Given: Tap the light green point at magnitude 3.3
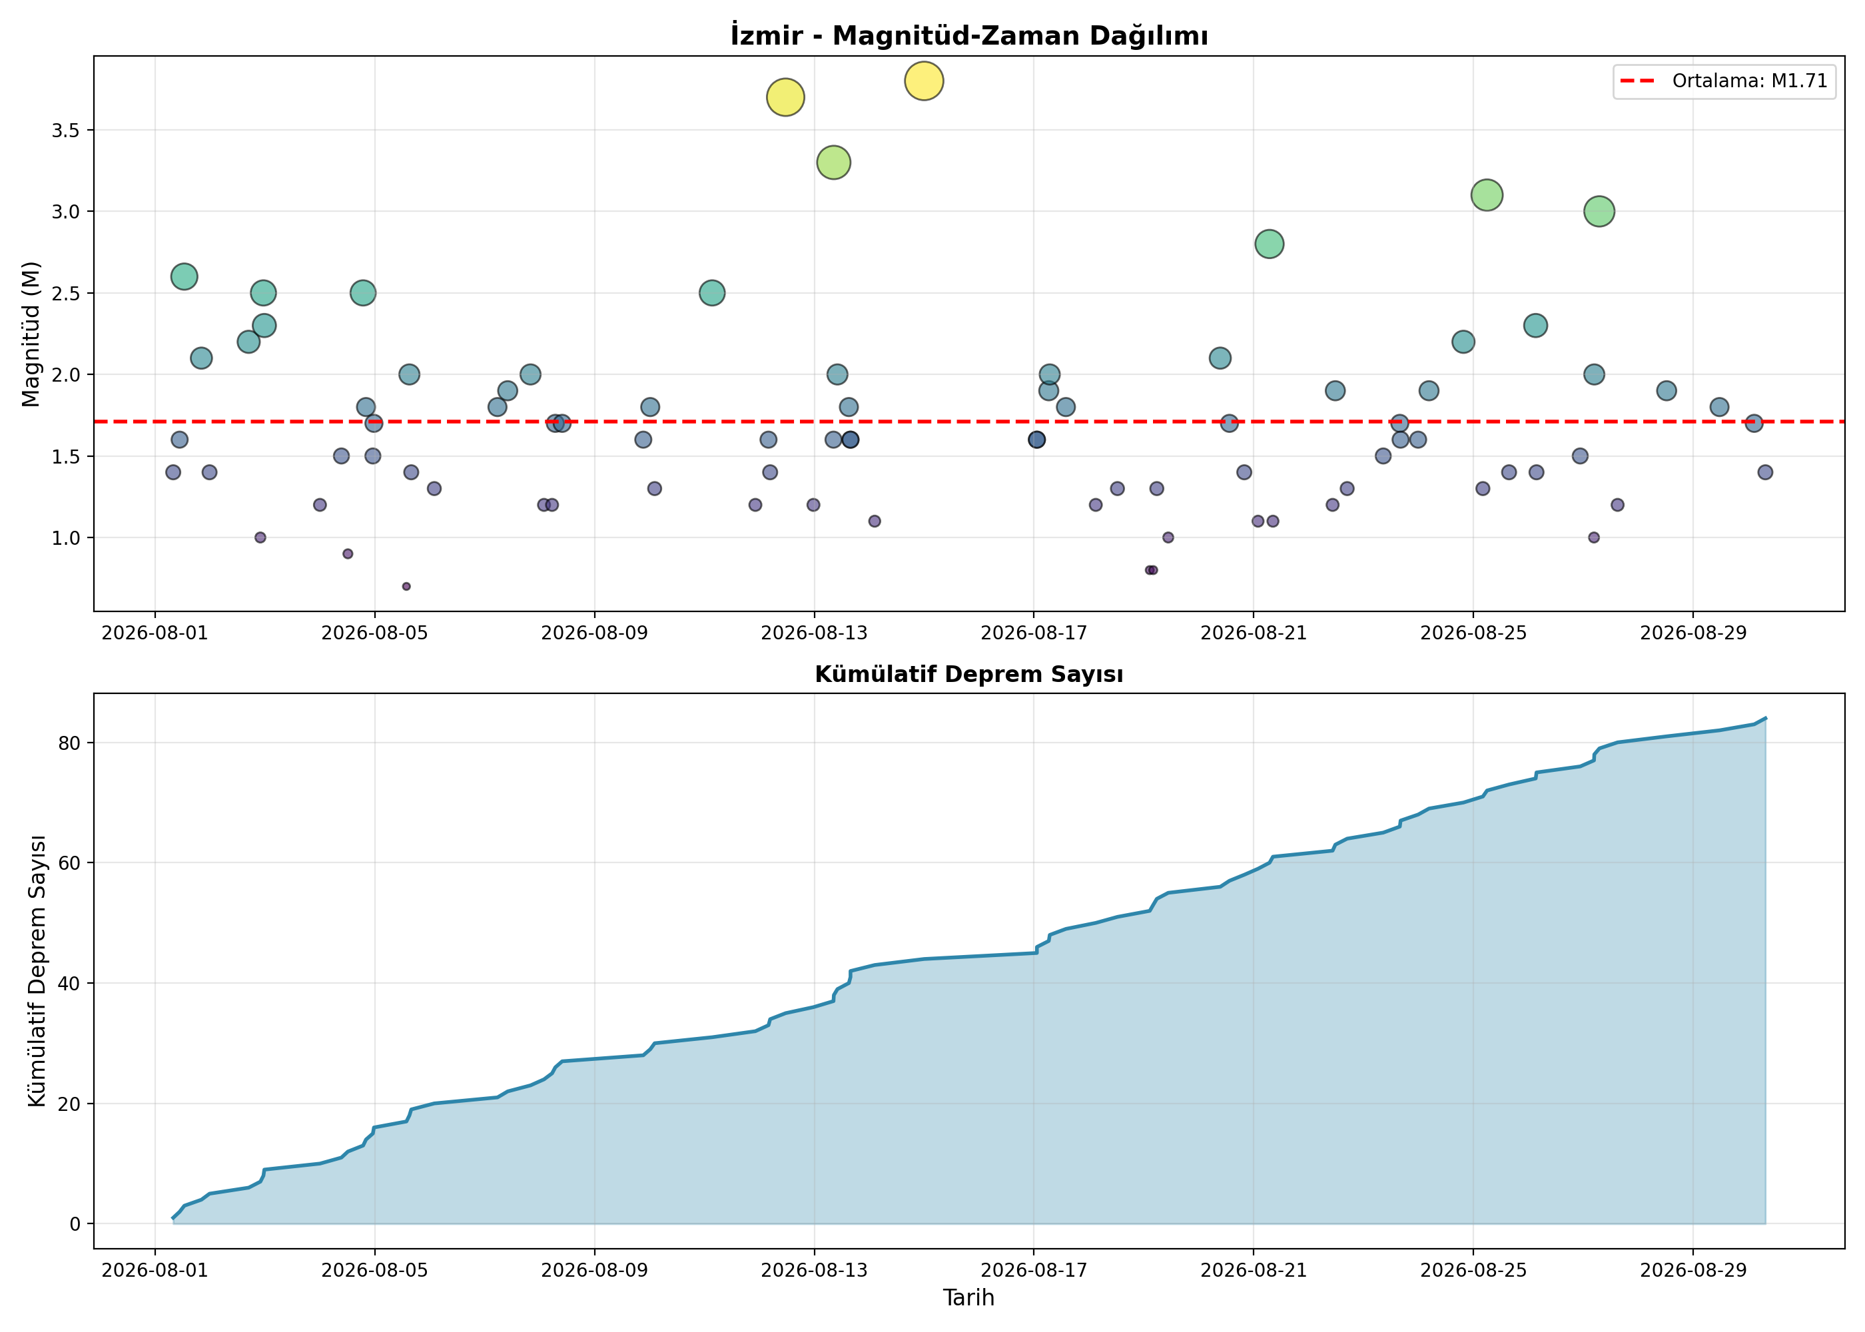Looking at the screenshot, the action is (833, 163).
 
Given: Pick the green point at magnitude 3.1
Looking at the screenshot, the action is (1486, 195).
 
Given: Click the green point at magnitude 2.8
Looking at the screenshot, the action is (1269, 244).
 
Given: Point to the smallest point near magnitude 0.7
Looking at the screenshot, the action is (406, 587).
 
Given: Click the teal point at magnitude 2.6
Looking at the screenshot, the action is (184, 276).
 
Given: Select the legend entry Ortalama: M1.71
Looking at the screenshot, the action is (1724, 81).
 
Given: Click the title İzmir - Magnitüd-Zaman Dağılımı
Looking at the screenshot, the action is (968, 35).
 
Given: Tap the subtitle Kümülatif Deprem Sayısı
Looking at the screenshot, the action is (968, 674).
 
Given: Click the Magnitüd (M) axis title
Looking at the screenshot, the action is (31, 334).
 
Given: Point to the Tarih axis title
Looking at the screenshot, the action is (968, 1297).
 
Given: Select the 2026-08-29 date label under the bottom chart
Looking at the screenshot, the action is (1692, 1271).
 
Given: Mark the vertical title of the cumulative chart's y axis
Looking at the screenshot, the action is (37, 971).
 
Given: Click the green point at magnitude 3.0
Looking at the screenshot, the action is (1599, 212).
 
